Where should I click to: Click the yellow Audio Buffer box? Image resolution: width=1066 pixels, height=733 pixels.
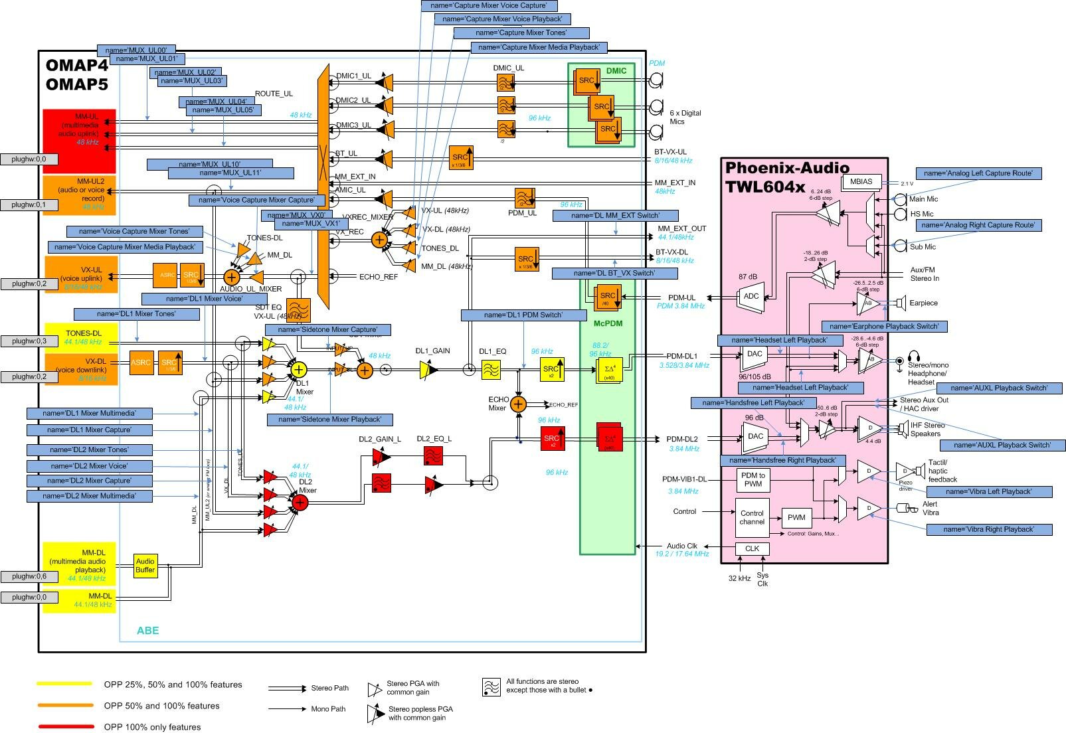pyautogui.click(x=145, y=565)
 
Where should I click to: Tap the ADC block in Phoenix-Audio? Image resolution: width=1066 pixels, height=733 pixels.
pyautogui.click(x=751, y=296)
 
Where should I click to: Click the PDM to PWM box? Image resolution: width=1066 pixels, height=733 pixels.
pyautogui.click(x=753, y=479)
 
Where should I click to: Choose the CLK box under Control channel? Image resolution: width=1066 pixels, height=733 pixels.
pyautogui.click(x=752, y=548)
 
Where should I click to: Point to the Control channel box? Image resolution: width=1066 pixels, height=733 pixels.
pyautogui.click(x=752, y=517)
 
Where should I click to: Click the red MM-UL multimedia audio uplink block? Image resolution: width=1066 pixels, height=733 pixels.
pyautogui.click(x=80, y=140)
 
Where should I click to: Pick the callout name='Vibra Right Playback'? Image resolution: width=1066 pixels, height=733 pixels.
pyautogui.click(x=989, y=529)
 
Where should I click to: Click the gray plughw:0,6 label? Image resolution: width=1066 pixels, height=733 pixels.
pyautogui.click(x=29, y=576)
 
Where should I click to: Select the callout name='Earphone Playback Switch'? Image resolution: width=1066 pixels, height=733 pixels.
pyautogui.click(x=884, y=326)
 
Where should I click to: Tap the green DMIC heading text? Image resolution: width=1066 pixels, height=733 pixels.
pyautogui.click(x=616, y=70)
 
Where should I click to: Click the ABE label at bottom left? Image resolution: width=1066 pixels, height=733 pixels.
pyautogui.click(x=147, y=630)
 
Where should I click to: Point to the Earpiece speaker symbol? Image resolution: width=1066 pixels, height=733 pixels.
pyautogui.click(x=901, y=303)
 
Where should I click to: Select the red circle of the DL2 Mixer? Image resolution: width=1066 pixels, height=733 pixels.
pyautogui.click(x=300, y=503)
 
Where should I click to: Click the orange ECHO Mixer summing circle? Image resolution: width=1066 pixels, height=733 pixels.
pyautogui.click(x=518, y=404)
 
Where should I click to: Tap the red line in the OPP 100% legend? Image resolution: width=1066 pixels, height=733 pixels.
pyautogui.click(x=65, y=726)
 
